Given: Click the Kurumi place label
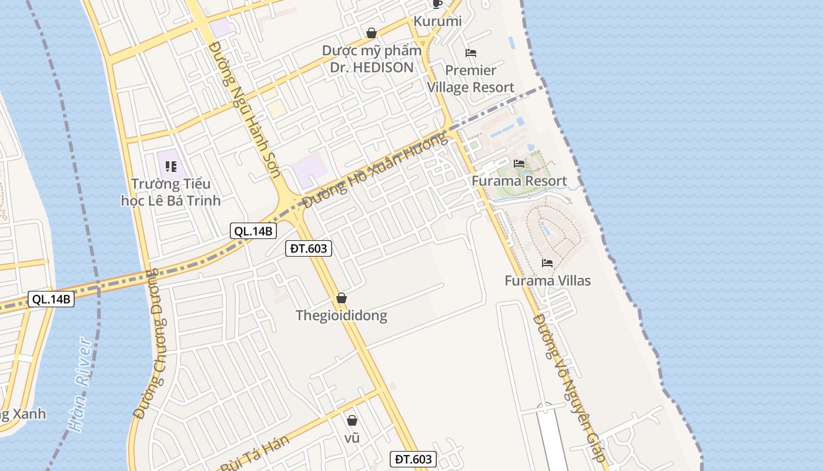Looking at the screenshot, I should [x=437, y=21].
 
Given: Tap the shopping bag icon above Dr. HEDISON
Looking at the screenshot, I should [x=372, y=33].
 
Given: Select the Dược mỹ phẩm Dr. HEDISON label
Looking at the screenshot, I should [x=372, y=59].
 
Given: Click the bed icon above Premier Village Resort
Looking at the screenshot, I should [x=470, y=53].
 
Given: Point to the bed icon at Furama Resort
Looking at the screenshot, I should [x=519, y=164].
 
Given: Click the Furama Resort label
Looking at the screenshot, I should [x=519, y=181].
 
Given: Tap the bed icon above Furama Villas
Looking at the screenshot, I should [x=547, y=263].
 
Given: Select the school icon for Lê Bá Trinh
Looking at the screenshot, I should [x=171, y=167].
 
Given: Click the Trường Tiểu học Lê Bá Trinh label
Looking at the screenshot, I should [x=170, y=193].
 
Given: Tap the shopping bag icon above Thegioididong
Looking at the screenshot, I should [x=342, y=298].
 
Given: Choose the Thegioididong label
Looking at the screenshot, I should [x=342, y=316].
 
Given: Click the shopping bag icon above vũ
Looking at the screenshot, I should [x=352, y=420].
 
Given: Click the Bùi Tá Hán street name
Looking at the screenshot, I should [x=256, y=453].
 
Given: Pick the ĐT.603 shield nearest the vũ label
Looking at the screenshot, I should [x=413, y=459].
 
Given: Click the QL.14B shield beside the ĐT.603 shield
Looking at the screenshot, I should [x=253, y=231].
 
